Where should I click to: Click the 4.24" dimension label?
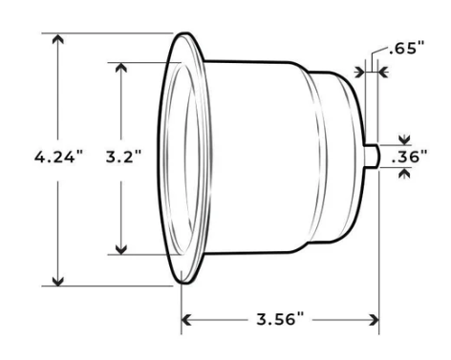57,157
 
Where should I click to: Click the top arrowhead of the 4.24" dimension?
59,40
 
